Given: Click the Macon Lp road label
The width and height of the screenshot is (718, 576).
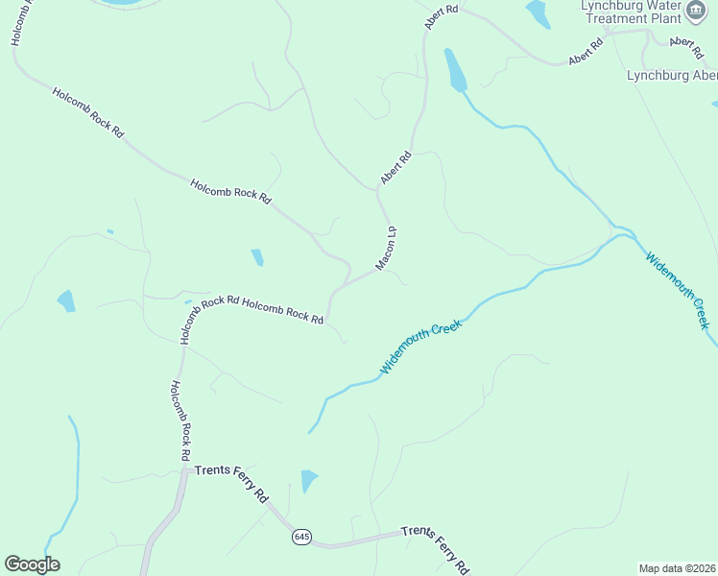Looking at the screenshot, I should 387,248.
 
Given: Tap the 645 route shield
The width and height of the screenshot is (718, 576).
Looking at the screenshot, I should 302,536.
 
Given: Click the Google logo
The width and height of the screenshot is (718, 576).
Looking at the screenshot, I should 32,564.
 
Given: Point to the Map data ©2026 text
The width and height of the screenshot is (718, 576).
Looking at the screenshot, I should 677,567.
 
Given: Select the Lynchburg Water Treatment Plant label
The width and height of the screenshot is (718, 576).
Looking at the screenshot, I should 631,12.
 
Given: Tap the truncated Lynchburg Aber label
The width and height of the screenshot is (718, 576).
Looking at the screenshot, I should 671,75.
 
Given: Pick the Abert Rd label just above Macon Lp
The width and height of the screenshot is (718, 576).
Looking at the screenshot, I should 395,167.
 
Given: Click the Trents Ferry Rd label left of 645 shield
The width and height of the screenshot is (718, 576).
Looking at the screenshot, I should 231,481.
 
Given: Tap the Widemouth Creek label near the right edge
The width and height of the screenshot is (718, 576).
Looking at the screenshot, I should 679,290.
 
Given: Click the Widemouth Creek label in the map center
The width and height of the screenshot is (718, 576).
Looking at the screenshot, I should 421,347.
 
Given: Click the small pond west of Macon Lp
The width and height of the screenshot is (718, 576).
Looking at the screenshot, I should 257,257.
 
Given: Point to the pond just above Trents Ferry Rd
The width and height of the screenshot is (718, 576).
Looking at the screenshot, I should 308,480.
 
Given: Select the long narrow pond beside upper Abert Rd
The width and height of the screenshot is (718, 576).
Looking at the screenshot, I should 454,69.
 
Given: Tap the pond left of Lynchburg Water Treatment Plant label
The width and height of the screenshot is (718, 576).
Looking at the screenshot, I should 538,13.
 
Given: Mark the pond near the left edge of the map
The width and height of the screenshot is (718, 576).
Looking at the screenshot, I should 66,300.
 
